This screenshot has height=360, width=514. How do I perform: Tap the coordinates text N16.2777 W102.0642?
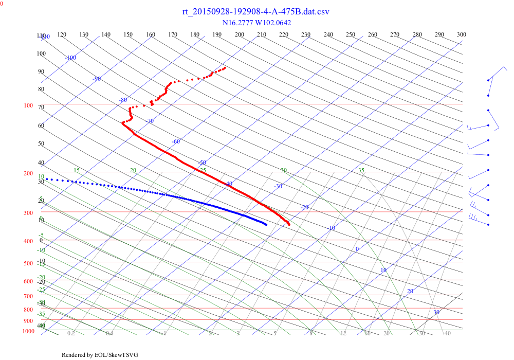pos(256,23)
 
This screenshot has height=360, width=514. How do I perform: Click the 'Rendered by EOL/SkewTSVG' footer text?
pos(100,355)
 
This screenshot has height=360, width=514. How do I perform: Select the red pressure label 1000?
pos(29,331)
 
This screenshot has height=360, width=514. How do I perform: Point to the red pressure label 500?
pos(28,264)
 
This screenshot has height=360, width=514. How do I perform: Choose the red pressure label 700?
pos(28,297)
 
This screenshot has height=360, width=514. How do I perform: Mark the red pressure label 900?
pos(28,321)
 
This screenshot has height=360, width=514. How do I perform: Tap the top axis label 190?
pos(217,34)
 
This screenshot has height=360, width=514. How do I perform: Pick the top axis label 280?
pos(417,34)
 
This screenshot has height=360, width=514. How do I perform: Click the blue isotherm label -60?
pos(176,141)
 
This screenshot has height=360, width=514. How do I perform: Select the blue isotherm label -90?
pos(97,79)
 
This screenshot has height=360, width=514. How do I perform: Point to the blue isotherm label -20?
pos(304,207)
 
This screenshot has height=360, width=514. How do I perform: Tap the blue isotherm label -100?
pos(70,58)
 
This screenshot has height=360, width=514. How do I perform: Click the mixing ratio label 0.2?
pos(71,333)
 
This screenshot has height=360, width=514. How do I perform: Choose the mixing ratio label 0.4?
pos(110,333)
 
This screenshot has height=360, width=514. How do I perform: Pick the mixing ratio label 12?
pos(343,333)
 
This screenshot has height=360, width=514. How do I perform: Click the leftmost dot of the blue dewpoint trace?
pos(47,179)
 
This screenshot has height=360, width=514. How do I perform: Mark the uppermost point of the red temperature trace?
pos(225,67)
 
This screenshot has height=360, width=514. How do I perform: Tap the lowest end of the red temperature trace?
pos(289,224)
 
